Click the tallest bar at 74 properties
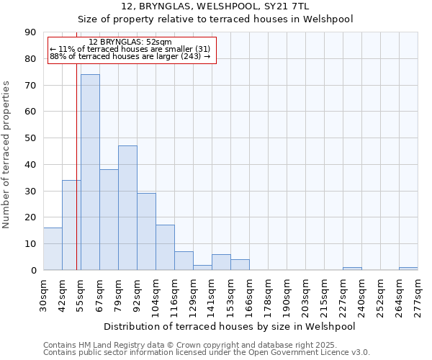pyautogui.click(x=90, y=172)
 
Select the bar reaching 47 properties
pyautogui.click(x=127, y=208)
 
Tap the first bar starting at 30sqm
pyautogui.click(x=53, y=249)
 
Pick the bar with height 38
pyautogui.click(x=109, y=220)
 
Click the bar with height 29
pyautogui.click(x=146, y=232)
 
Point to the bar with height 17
pyautogui.click(x=165, y=248)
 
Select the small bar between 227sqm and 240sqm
pyautogui.click(x=352, y=269)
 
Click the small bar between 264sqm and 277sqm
pyautogui.click(x=408, y=269)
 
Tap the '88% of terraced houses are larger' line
pyautogui.click(x=130, y=56)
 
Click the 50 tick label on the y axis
pyautogui.click(x=33, y=138)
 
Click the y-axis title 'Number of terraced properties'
pyautogui.click(x=7, y=155)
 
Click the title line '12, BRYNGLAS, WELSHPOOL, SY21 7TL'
pyautogui.click(x=215, y=6)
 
